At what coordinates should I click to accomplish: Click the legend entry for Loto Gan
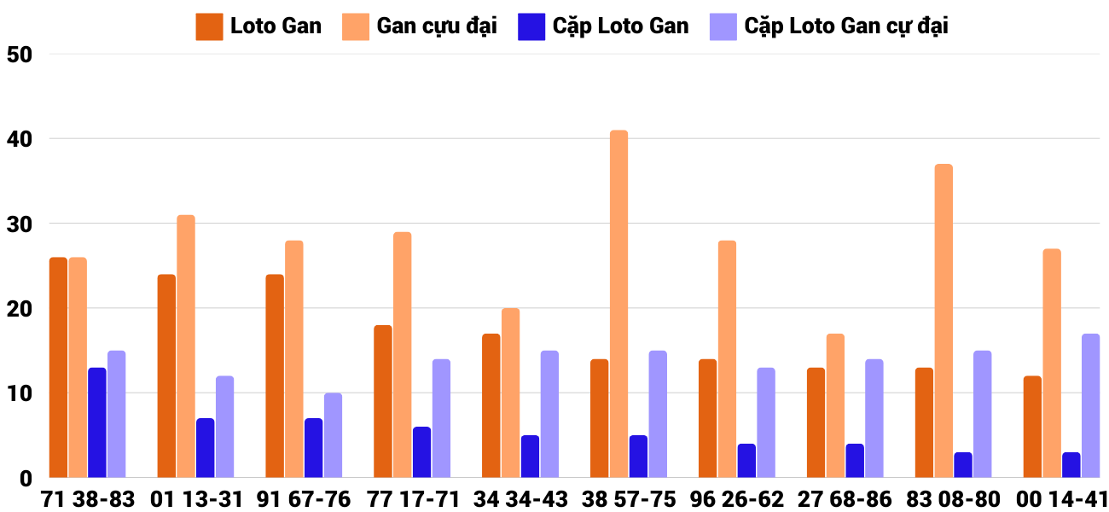click(x=275, y=26)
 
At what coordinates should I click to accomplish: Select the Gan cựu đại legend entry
click(x=436, y=26)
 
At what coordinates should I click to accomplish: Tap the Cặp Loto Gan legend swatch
click(x=531, y=26)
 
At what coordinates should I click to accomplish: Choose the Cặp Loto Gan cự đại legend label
click(x=845, y=26)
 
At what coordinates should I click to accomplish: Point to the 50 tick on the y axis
click(x=19, y=55)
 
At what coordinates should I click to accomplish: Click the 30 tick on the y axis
click(x=19, y=224)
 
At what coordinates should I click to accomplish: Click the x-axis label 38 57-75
click(x=628, y=499)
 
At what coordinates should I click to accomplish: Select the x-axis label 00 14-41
click(x=1060, y=499)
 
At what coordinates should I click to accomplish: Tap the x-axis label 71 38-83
click(x=88, y=499)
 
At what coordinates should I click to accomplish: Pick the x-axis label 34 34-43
click(x=520, y=499)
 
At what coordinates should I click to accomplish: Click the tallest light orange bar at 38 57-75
click(x=618, y=304)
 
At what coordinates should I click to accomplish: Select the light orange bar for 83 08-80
click(x=944, y=321)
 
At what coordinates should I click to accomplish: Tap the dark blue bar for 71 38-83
click(x=97, y=422)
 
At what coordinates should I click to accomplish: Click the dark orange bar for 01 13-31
click(x=166, y=375)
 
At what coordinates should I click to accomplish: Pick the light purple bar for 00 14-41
click(x=1091, y=405)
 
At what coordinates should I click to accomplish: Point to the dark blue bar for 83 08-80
click(x=963, y=465)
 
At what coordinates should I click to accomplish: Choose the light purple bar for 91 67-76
click(x=333, y=435)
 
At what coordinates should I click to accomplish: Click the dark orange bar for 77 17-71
click(x=383, y=401)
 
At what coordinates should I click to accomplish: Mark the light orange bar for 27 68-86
click(x=835, y=405)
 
